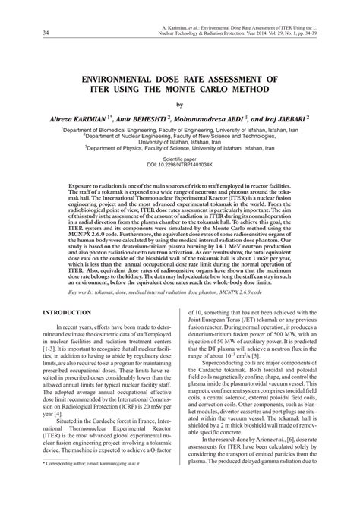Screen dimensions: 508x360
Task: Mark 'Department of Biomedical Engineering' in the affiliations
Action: (x=114, y=131)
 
